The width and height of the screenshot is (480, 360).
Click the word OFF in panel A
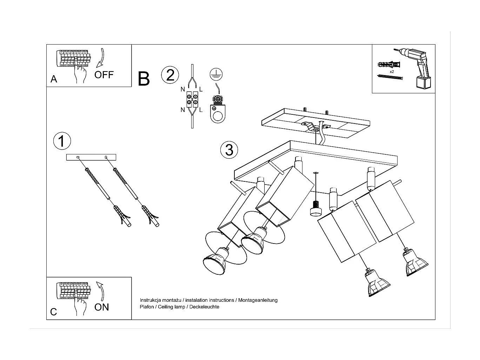coord(104,75)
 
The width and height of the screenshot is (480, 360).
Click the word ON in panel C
coord(102,307)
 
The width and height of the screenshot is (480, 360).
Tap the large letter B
coord(144,79)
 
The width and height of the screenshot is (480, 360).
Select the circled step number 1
coord(62,141)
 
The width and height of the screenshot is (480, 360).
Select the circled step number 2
coord(170,75)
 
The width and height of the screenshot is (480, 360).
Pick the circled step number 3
coord(229,150)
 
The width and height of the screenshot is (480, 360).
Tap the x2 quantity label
coord(392,72)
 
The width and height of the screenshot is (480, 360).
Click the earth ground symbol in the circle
coord(216,74)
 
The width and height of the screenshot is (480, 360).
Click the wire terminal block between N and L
coord(192,100)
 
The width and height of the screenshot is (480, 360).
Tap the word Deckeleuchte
coord(204,307)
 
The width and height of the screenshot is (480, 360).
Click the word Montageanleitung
coord(258,300)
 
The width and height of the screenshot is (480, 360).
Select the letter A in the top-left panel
coord(54,79)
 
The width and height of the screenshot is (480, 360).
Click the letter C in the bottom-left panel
coord(54,312)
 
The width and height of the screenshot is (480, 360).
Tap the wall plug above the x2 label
coord(389,65)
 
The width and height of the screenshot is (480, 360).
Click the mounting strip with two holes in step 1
coord(91,157)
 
